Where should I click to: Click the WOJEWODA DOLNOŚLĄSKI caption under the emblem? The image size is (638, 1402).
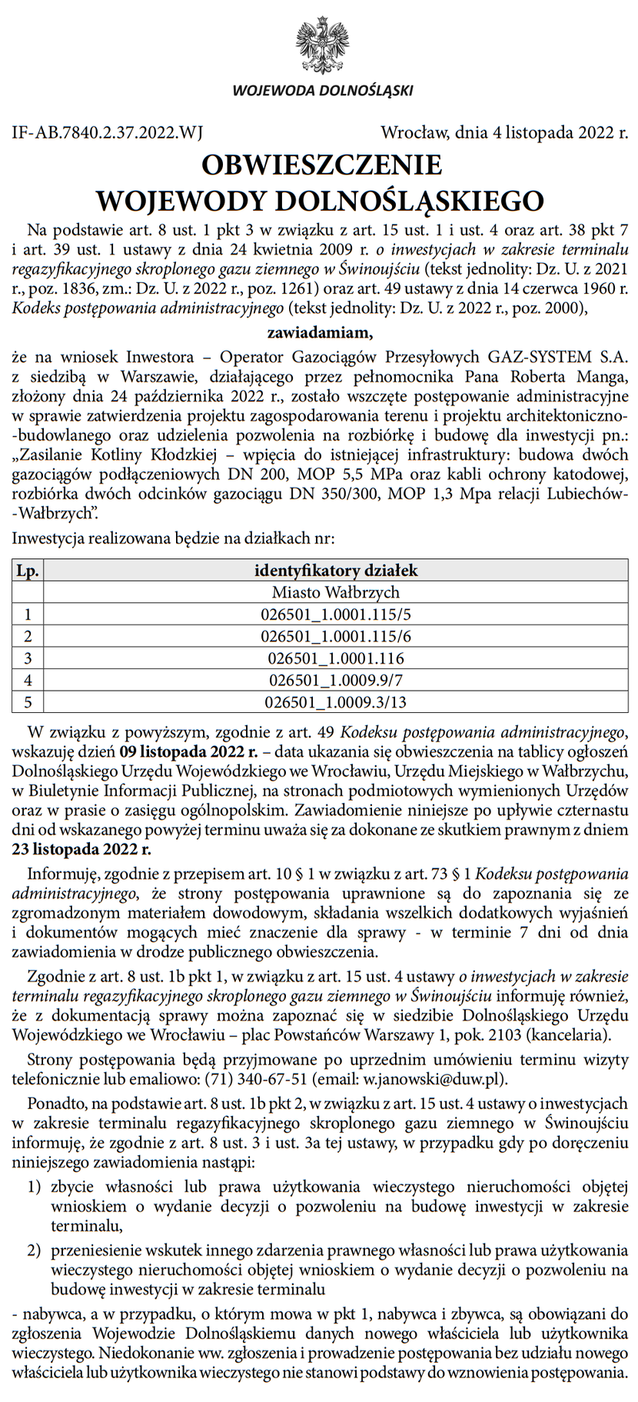(322, 91)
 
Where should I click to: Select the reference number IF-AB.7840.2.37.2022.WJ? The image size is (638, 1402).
(108, 132)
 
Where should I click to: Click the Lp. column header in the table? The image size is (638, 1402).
(28, 571)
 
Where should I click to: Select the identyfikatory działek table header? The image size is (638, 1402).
(336, 571)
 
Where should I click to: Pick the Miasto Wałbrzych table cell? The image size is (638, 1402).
(336, 592)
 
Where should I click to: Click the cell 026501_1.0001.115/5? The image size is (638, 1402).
(336, 614)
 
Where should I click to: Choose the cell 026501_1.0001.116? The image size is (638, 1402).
(336, 658)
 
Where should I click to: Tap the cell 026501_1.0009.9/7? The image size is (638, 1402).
(336, 680)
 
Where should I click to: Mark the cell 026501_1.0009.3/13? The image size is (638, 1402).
(336, 701)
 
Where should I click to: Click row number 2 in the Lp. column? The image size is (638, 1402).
(28, 636)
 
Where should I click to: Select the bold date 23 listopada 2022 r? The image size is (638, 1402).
(81, 850)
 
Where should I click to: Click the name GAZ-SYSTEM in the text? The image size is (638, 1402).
(533, 357)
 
